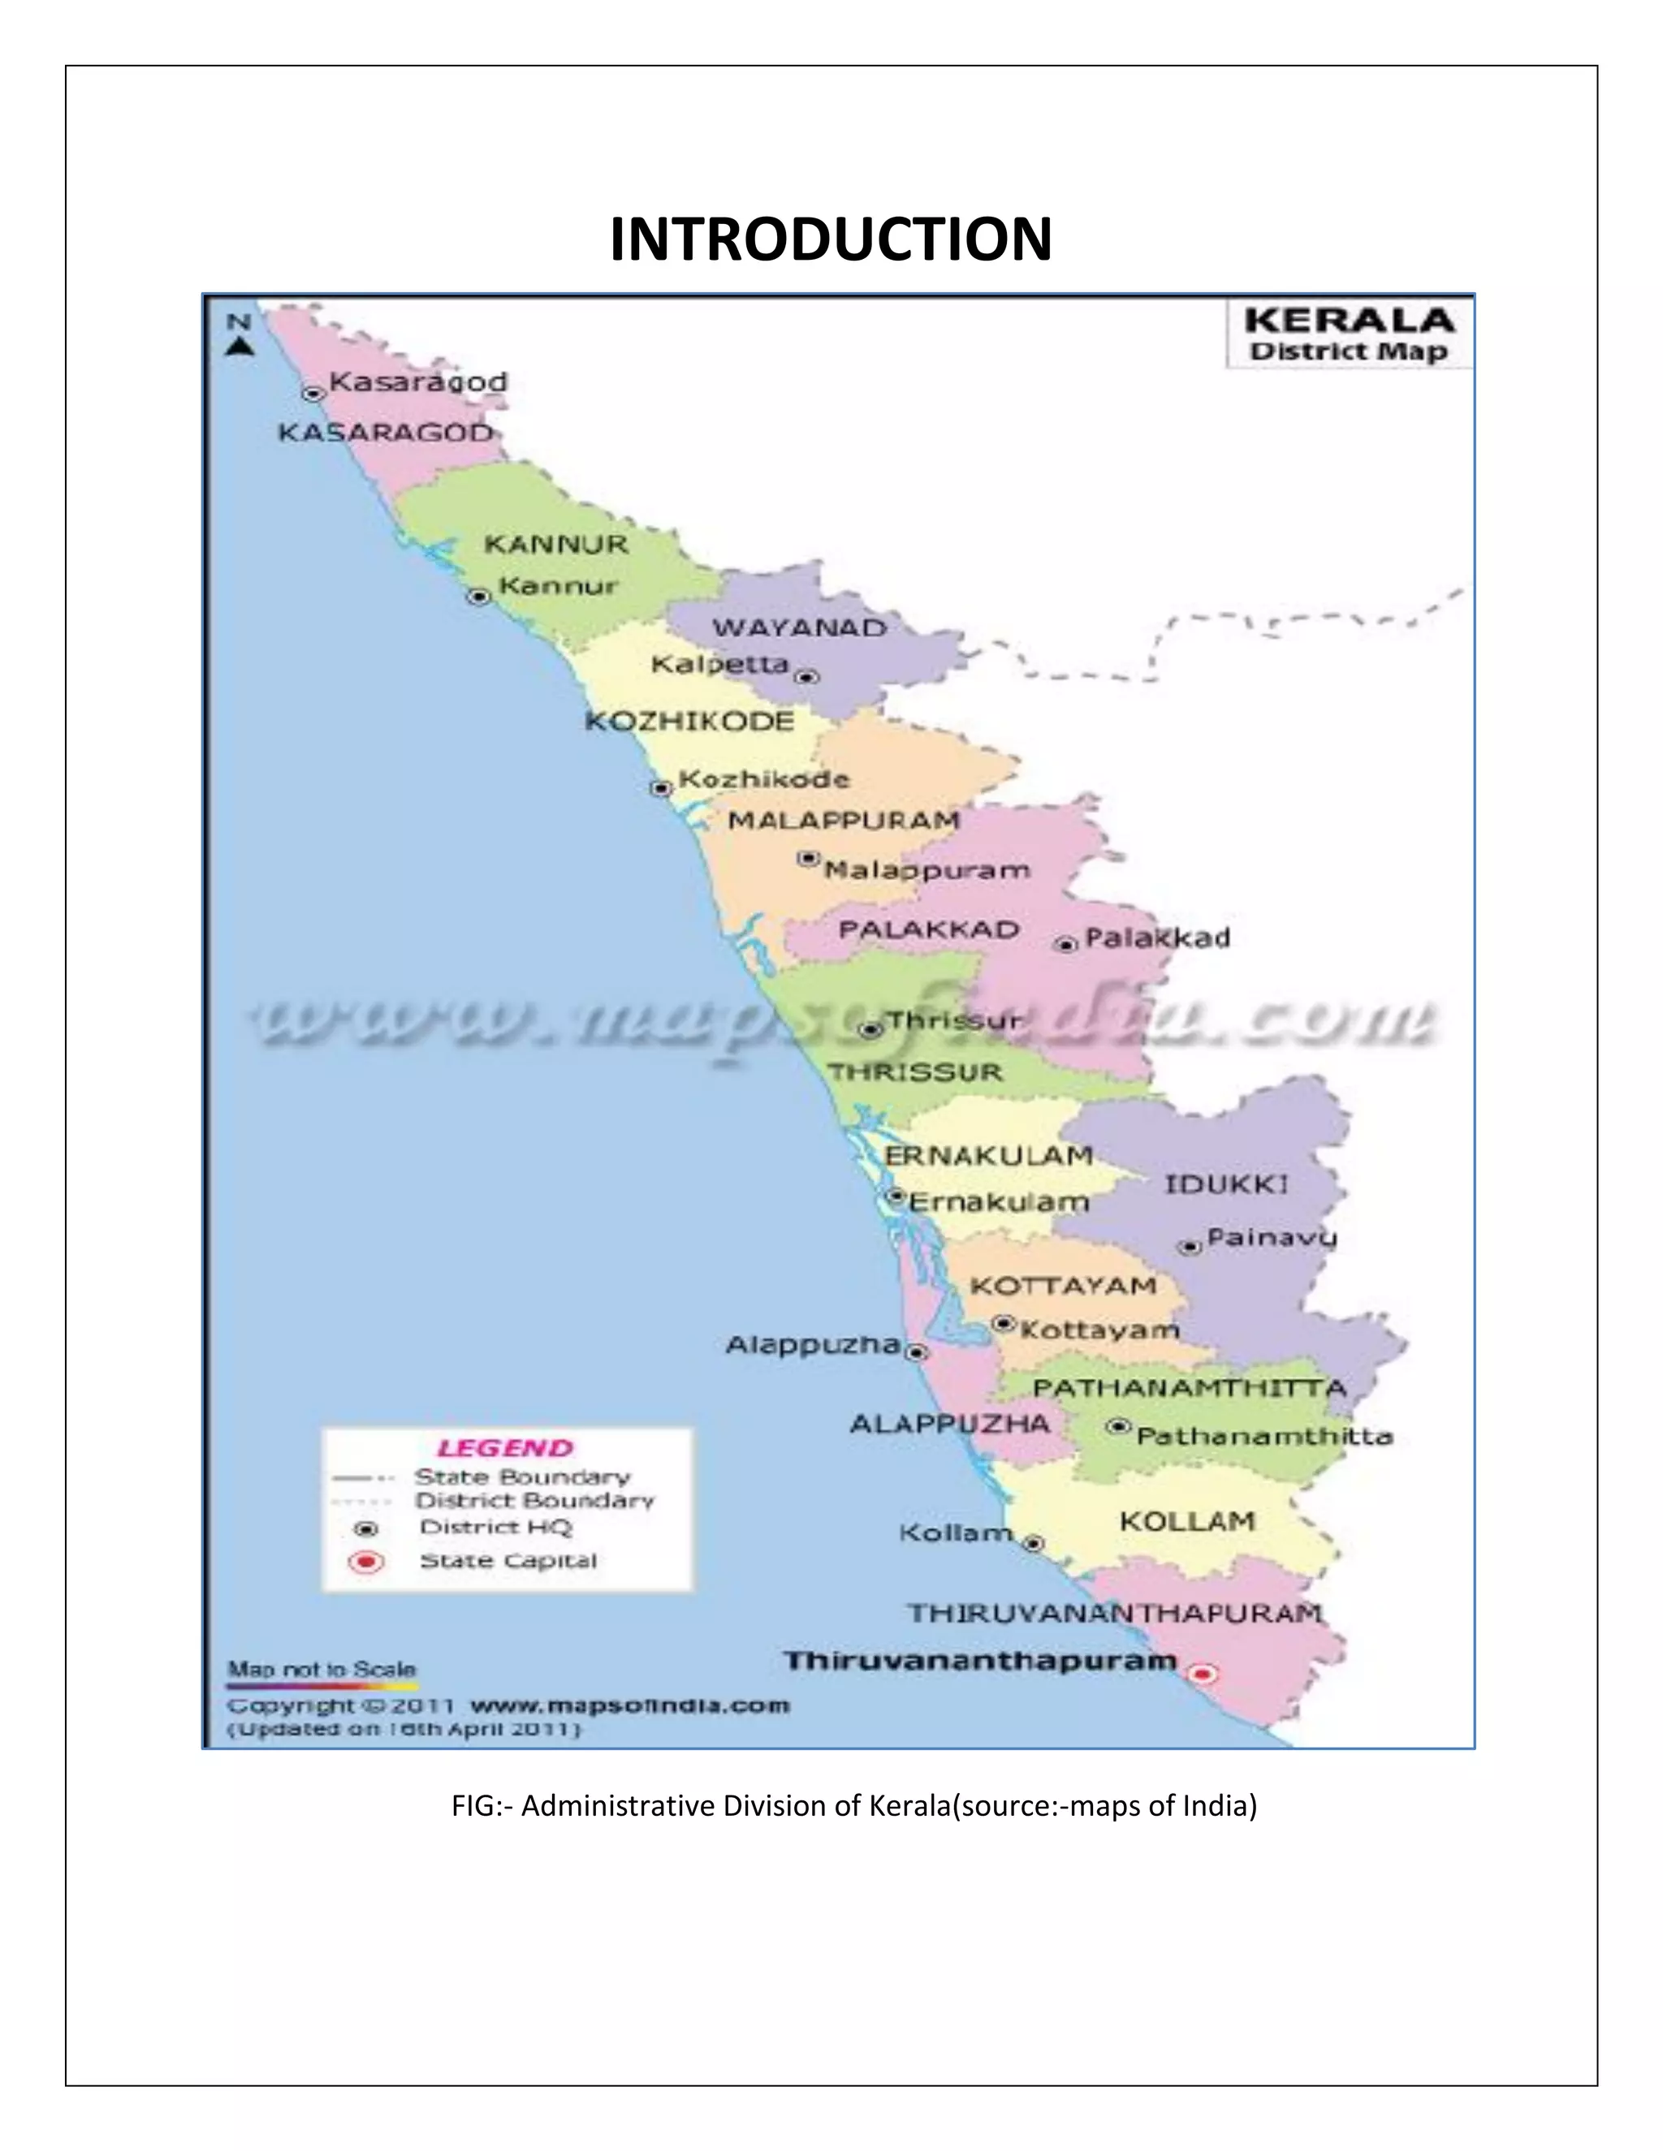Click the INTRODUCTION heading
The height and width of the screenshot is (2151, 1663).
831,239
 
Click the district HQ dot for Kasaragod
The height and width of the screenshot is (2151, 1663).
313,394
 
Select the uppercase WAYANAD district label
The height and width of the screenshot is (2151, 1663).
799,627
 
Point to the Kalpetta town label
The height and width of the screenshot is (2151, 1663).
720,665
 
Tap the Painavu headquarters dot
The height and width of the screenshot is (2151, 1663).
1190,1247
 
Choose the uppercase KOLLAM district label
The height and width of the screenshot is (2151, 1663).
1187,1522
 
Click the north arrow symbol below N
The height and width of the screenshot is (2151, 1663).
240,346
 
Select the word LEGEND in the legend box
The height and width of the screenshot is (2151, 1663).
504,1448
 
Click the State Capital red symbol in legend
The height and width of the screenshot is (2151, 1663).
366,1562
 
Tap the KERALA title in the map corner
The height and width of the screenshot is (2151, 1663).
1349,321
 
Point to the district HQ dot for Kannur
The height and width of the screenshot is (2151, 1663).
479,597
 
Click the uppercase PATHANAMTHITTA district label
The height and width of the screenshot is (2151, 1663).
1188,1389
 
